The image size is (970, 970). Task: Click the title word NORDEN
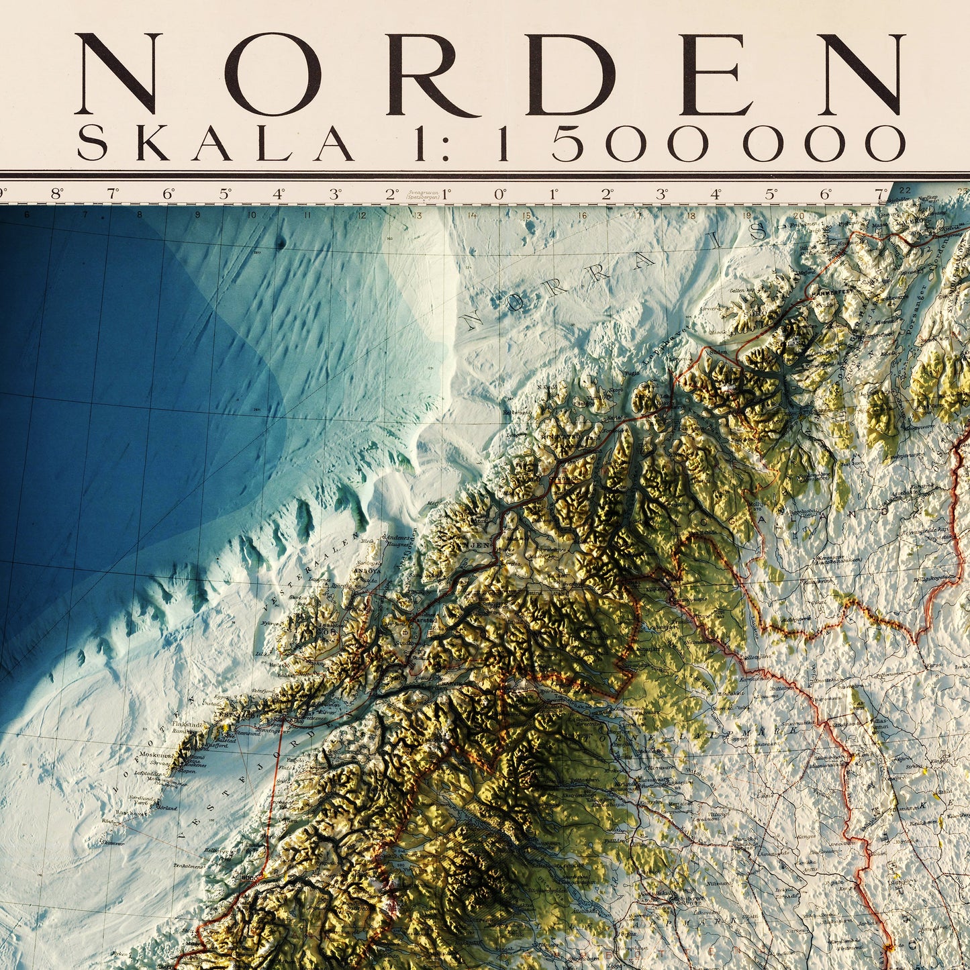pos(490,74)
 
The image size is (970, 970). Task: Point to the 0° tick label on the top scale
pos(499,195)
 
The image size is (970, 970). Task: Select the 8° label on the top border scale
pos(57,195)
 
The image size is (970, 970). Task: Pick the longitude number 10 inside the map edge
pos(251,215)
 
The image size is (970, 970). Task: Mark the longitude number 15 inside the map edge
pos(526,216)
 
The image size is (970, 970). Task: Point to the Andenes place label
pos(396,538)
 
